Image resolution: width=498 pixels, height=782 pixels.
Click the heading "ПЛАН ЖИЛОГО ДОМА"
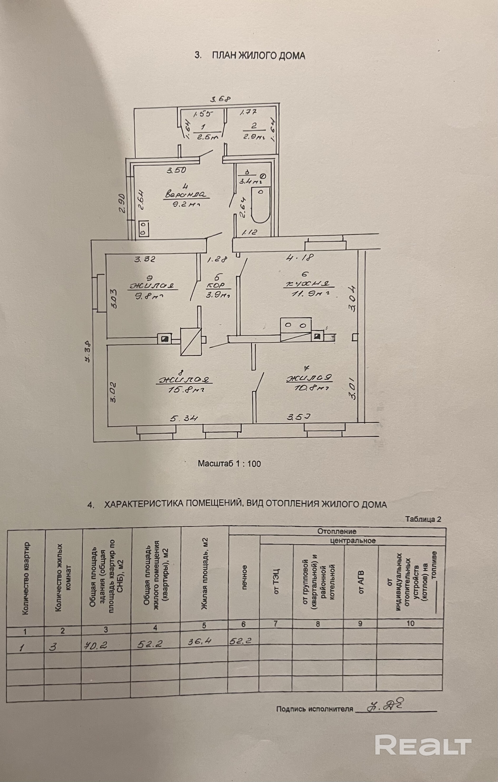258,56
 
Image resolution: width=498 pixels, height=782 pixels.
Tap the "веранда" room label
186,195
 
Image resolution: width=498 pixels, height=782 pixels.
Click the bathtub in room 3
261,205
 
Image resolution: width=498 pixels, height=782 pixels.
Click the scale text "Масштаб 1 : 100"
229,463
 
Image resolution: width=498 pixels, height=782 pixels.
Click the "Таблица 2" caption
423,519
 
